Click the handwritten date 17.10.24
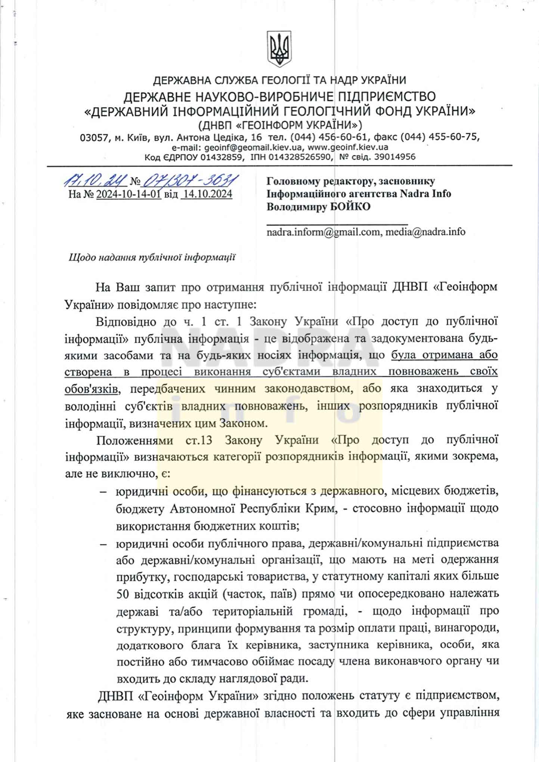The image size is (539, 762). click(x=95, y=181)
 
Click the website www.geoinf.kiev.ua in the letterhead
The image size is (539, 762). click(x=348, y=147)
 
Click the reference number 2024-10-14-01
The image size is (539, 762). click(x=128, y=194)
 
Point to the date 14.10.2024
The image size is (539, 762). click(x=206, y=194)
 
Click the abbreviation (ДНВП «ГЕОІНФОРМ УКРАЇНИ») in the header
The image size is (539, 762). click(x=280, y=124)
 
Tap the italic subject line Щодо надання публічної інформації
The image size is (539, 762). click(x=152, y=257)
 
